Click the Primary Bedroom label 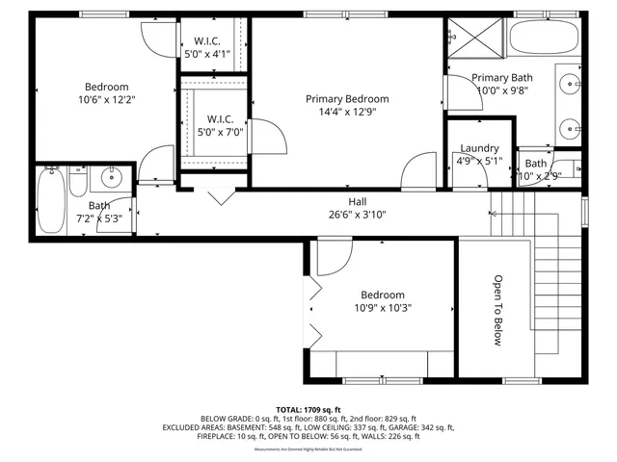click(x=347, y=99)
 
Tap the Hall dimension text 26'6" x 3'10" click(x=357, y=215)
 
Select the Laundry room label click(x=479, y=148)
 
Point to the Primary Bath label click(x=501, y=78)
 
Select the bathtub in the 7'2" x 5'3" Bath click(x=51, y=200)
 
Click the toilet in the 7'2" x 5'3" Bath click(x=81, y=179)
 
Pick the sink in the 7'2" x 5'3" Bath click(x=113, y=176)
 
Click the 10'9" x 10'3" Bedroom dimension click(x=383, y=309)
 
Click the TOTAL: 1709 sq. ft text click(x=308, y=409)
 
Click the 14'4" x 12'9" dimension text click(x=347, y=113)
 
